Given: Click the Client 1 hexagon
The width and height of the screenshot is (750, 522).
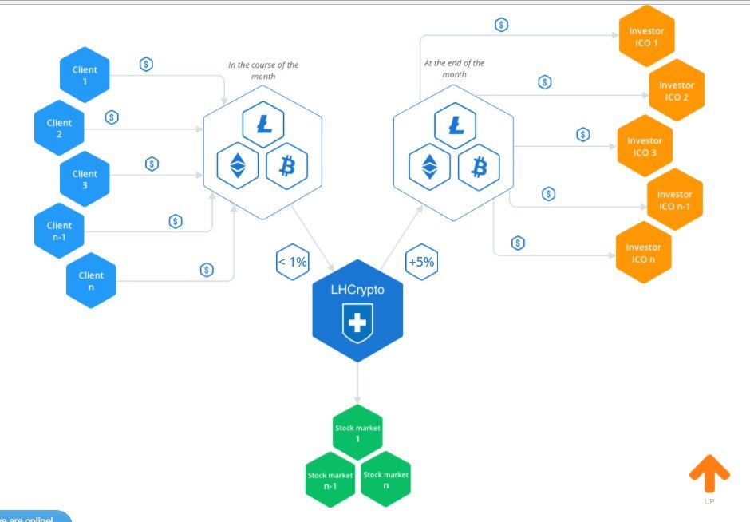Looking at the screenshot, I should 85,75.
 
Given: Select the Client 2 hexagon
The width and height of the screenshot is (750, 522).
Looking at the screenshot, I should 59,128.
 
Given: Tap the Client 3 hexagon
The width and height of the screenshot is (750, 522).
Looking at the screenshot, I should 85,179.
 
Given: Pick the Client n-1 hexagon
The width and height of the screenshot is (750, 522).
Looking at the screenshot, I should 59,231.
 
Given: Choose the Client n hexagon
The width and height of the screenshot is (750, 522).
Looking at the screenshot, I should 91,281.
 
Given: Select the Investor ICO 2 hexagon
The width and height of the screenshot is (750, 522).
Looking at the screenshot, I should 676,90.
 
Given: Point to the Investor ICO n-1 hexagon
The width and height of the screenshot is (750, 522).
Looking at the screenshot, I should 674,200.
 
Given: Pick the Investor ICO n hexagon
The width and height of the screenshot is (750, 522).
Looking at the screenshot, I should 643,253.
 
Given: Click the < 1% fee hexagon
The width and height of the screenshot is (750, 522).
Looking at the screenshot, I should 292,262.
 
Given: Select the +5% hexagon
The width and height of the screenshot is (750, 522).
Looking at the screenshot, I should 420,262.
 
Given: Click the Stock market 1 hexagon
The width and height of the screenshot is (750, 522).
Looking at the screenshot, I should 357,433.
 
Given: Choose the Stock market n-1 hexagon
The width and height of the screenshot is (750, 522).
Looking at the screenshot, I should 330,480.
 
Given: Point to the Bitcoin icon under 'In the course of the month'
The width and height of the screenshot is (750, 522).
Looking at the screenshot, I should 286,166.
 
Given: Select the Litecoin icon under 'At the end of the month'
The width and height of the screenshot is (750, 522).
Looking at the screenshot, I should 456,125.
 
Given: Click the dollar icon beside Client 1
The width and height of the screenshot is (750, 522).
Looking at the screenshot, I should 146,65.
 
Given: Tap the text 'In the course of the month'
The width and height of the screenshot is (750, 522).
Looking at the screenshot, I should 263,70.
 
